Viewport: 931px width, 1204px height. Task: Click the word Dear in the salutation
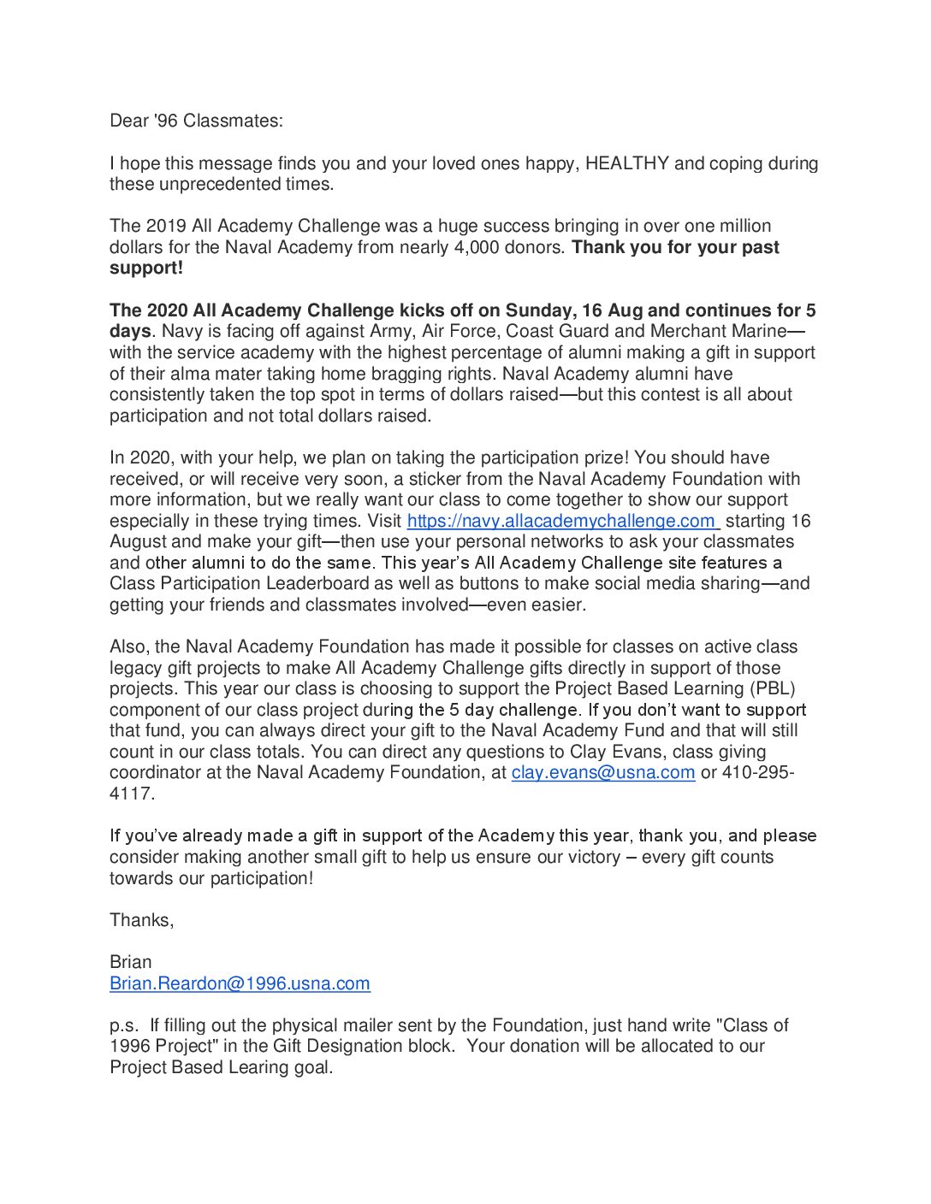pos(129,121)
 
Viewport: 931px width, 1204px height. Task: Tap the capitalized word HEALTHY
pos(627,163)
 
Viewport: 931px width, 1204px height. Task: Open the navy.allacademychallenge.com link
pos(562,521)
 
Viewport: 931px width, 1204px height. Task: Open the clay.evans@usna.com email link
pos(602,772)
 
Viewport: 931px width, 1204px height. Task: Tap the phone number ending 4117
pos(132,794)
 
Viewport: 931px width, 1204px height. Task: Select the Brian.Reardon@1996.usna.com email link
pos(240,983)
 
